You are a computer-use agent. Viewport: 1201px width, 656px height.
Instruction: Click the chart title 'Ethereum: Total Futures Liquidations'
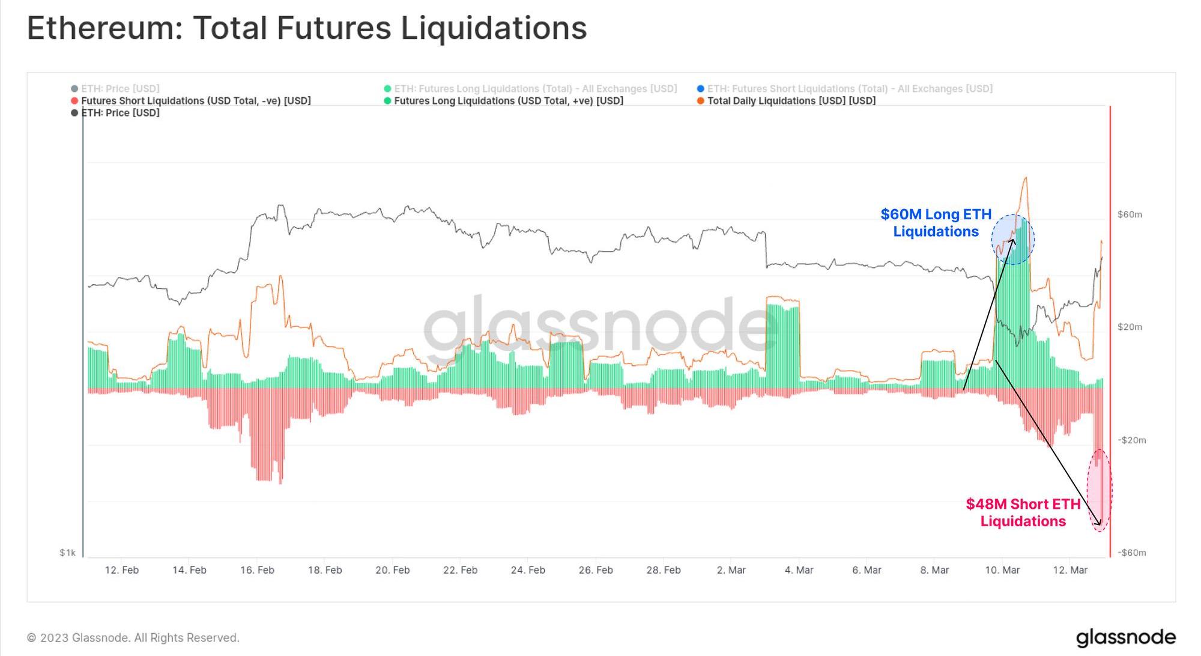(x=307, y=28)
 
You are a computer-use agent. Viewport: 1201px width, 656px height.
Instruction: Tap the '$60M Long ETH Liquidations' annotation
(x=936, y=223)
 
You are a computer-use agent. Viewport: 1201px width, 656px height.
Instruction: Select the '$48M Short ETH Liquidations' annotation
(x=1023, y=512)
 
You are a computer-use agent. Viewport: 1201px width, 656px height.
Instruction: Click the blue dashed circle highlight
(x=1012, y=240)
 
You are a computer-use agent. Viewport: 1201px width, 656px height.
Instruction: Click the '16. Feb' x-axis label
(x=257, y=570)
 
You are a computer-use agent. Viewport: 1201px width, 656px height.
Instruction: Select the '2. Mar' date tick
(x=731, y=570)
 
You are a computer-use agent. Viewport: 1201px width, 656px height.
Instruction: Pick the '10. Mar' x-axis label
(x=1002, y=570)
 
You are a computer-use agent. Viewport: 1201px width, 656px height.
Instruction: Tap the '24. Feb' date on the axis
(x=528, y=570)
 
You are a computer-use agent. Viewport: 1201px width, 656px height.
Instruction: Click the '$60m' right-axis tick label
(x=1130, y=214)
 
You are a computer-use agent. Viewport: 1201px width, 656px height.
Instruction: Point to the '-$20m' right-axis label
(x=1131, y=440)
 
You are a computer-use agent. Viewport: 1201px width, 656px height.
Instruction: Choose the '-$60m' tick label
(x=1131, y=553)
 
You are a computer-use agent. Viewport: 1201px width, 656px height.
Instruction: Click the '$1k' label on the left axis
(x=67, y=553)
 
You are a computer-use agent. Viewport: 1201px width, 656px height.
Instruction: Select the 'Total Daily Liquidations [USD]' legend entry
(x=791, y=101)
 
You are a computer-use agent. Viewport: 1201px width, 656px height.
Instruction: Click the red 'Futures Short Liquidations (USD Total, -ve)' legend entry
(x=196, y=101)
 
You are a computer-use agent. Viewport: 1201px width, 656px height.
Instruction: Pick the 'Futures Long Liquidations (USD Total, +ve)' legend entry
(x=508, y=101)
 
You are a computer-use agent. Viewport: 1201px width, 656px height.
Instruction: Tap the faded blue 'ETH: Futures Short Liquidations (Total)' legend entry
(x=849, y=89)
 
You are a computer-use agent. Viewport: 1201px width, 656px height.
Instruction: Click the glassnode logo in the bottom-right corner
(x=1125, y=637)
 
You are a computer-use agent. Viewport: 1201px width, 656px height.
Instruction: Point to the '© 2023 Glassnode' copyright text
(x=133, y=638)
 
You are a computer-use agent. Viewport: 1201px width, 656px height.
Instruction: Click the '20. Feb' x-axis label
(x=393, y=570)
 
